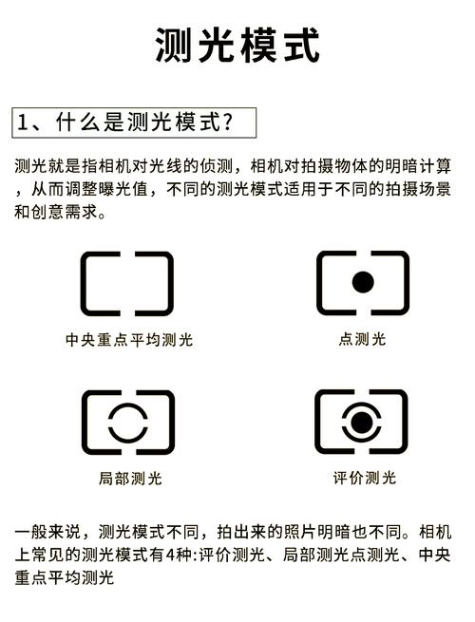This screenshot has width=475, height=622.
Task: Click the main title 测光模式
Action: click(237, 46)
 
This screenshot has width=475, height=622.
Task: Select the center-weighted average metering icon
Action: click(126, 283)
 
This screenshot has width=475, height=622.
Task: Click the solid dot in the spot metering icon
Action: click(362, 282)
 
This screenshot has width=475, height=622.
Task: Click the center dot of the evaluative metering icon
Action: click(361, 420)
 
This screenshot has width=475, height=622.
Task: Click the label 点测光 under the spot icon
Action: click(362, 339)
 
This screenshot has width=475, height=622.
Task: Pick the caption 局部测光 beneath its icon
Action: click(129, 478)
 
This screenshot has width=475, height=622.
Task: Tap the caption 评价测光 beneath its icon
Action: click(364, 477)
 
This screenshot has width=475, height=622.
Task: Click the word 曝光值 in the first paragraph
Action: click(119, 190)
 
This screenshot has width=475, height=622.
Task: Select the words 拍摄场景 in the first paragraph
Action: click(425, 190)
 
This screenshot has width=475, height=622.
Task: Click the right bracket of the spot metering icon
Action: click(393, 282)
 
